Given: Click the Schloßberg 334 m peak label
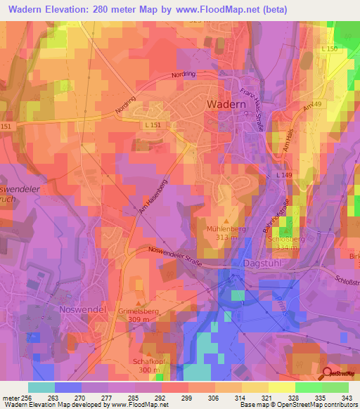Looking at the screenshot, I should (285, 243).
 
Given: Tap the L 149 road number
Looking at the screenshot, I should (283, 174).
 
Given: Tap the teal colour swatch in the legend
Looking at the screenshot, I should (41, 387).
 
